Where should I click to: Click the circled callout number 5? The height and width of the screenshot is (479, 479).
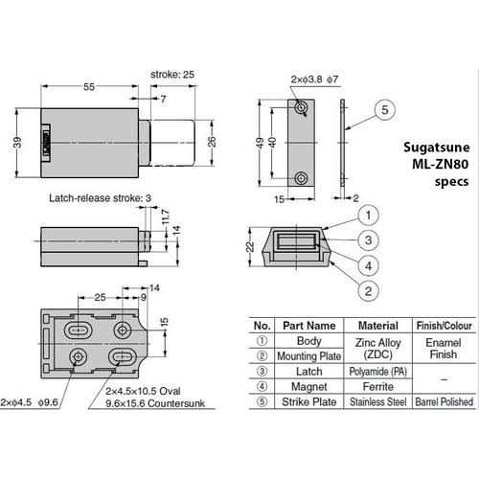pos(385,110)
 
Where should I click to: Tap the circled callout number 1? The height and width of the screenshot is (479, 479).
pos(368,216)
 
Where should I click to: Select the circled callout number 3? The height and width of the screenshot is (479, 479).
pos(368,240)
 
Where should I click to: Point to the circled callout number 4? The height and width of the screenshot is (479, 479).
pos(368,265)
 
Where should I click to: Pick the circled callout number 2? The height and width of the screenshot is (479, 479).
pos(368,291)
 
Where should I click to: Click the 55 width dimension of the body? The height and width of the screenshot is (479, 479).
pos(89,87)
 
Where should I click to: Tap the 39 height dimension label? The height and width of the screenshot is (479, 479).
pos(17,143)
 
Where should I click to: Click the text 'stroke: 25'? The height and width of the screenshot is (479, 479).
pos(172,75)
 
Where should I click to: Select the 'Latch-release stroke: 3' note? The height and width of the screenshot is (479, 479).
pos(100,198)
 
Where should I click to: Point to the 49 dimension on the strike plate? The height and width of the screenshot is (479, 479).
pos(261,143)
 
